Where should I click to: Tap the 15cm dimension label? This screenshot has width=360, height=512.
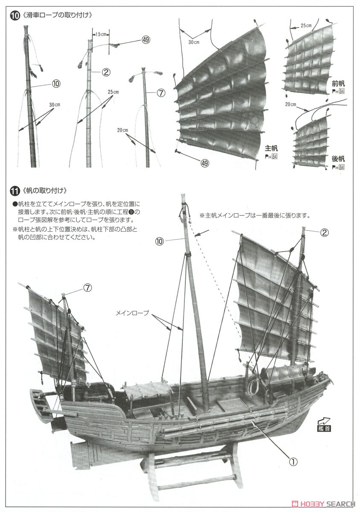point(101,34)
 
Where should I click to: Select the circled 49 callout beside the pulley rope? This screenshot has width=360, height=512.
point(146,40)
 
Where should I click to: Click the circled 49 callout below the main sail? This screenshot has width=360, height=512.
point(205,163)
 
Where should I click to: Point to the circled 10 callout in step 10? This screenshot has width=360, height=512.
point(56,84)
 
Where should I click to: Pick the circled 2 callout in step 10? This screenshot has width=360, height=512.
point(106,72)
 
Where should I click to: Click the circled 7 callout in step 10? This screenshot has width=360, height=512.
point(161,93)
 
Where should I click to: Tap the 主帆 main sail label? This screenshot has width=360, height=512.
point(271,148)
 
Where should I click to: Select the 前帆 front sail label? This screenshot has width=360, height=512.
point(338,84)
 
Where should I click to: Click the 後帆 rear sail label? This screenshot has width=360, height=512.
point(338,159)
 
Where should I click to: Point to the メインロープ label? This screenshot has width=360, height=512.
point(132,313)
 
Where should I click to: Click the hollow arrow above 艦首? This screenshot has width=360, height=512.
point(324,421)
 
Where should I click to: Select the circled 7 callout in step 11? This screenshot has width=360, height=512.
point(88,288)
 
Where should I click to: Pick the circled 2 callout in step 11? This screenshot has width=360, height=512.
point(324,233)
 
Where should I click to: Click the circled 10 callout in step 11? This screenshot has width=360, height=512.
point(160,241)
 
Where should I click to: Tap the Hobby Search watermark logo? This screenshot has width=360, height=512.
point(324,504)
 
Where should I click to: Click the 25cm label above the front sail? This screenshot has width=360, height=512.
point(306,26)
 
